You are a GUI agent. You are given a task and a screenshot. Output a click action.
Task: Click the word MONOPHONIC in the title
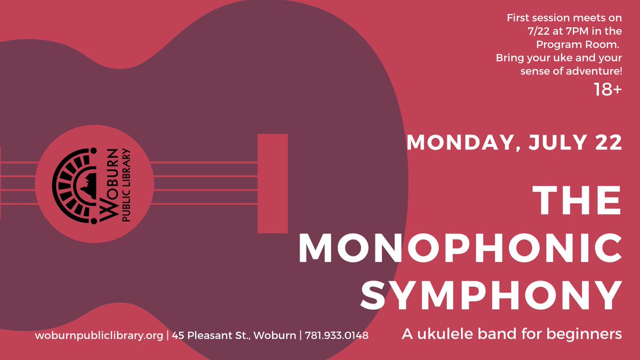(x=459, y=247)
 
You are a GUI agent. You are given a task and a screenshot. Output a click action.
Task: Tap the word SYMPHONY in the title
(x=491, y=295)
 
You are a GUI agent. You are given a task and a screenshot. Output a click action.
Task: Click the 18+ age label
(x=607, y=90)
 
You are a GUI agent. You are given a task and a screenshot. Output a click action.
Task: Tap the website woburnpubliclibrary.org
(x=99, y=335)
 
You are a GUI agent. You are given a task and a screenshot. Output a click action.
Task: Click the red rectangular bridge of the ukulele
(x=273, y=183)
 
